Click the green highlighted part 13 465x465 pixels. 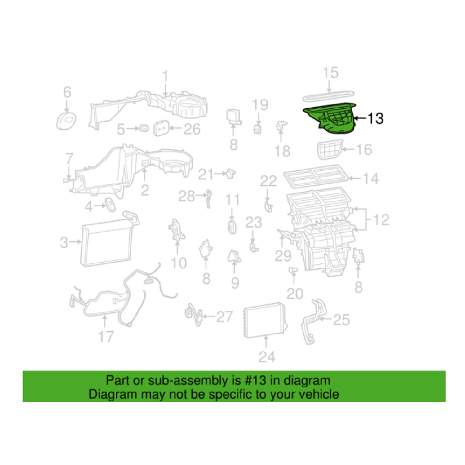[x=332, y=119]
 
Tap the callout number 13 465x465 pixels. [x=375, y=118]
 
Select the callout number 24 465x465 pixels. [x=267, y=357]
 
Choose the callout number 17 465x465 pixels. [x=106, y=337]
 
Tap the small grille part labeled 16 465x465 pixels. [x=329, y=149]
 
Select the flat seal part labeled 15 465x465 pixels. [x=329, y=96]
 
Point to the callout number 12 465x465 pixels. [x=381, y=220]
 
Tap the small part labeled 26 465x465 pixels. [x=161, y=128]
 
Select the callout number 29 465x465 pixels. [x=283, y=256]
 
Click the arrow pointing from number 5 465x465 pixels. [x=132, y=129]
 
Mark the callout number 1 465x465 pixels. [x=165, y=76]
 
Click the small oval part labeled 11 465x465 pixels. [x=232, y=227]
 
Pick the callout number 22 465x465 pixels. [x=268, y=181]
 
